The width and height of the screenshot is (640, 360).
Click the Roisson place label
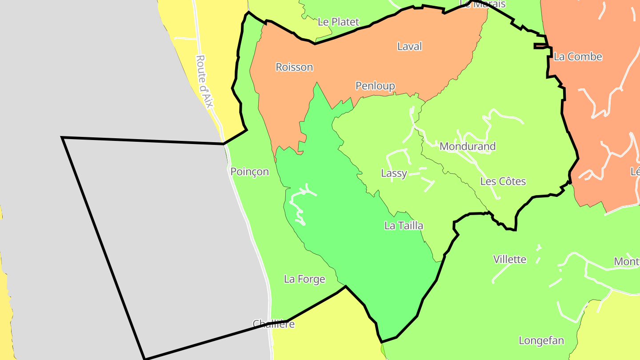pos(294,67)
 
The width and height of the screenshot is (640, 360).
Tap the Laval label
pos(409,46)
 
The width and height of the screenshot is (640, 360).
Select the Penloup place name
pos(375,86)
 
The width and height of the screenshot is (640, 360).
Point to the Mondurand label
pos(467,146)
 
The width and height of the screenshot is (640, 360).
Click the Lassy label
pos(394,173)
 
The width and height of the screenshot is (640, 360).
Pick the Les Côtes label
pos(503,181)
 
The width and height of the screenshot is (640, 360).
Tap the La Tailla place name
pos(404,226)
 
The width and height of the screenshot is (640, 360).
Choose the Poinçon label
pos(249,172)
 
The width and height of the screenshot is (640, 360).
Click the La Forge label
pos(304,279)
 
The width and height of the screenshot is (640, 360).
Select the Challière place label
pos(273,324)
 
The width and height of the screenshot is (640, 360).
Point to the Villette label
pos(509,259)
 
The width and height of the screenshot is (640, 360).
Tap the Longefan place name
pos(541,341)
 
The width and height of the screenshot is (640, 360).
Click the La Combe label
pos(578,56)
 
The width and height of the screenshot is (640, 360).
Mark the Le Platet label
pos(338,22)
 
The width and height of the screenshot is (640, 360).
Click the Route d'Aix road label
pos(204,81)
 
